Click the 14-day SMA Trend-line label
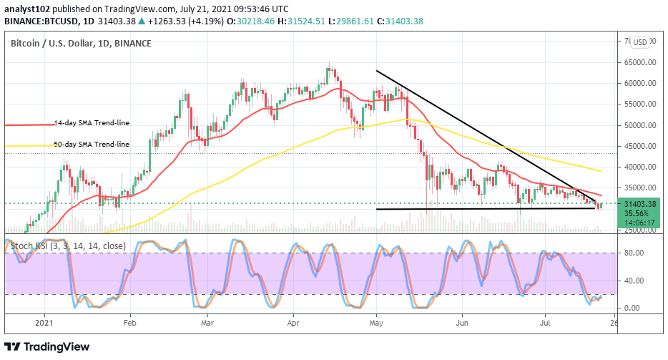pos(92,123)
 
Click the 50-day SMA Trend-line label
pos(92,145)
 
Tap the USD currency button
pos(640,42)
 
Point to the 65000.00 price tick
pos(639,62)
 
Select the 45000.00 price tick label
pos(639,146)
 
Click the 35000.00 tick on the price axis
pos(639,188)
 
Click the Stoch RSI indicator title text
pos(68,246)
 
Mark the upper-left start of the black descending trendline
pos(377,70)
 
